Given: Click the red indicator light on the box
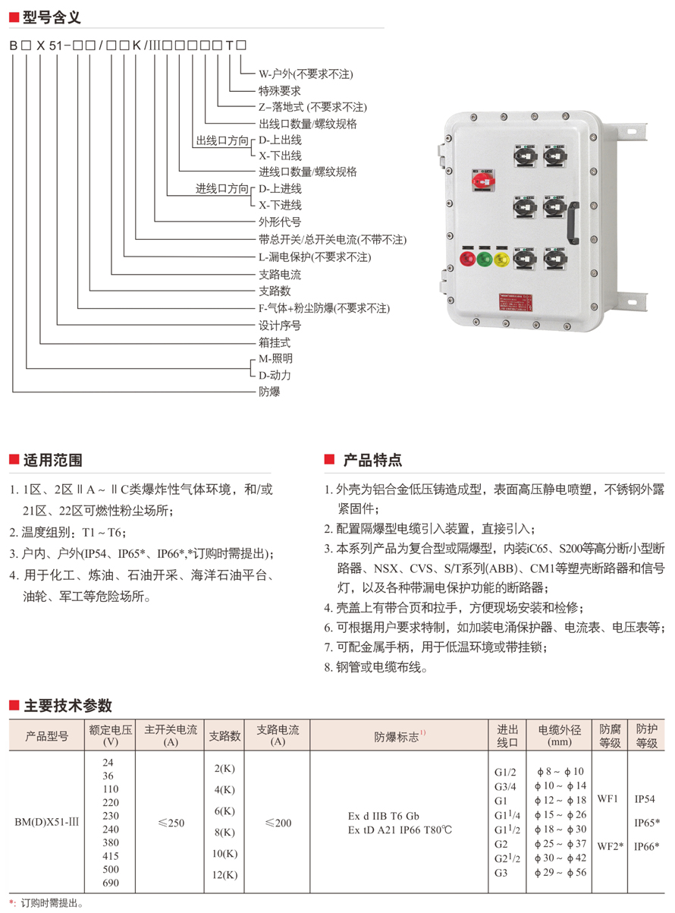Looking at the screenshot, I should (466, 260).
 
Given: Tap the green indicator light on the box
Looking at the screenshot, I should (483, 260).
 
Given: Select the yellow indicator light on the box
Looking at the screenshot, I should (501, 260).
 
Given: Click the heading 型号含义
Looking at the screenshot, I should (52, 16).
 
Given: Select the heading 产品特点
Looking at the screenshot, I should (372, 460).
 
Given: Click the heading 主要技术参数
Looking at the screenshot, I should (67, 705).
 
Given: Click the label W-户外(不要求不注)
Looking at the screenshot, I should (306, 74).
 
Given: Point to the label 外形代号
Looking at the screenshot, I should (280, 222).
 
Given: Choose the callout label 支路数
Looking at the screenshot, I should (275, 291).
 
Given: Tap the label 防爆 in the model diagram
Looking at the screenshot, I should (269, 392).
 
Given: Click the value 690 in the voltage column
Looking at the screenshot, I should (110, 883).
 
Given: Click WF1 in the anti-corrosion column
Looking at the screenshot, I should (608, 799).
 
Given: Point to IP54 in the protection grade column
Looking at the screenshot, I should (645, 799).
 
